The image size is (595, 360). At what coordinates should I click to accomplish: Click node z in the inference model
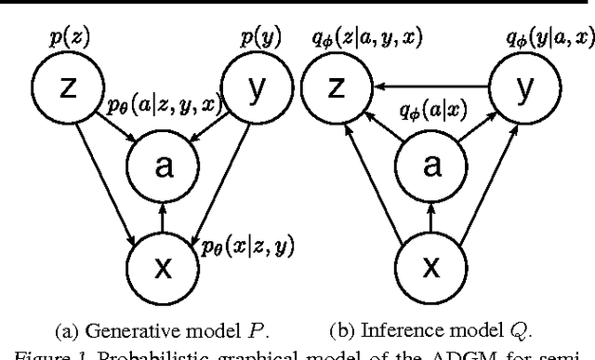coord(338,88)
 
